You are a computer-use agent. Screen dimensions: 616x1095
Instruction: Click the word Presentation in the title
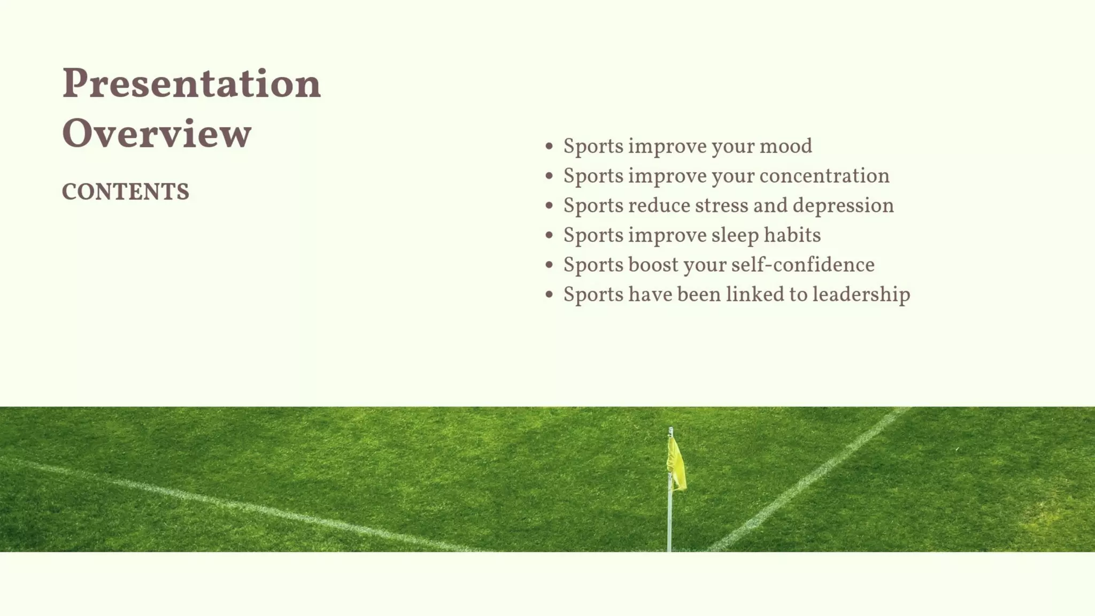[191, 84]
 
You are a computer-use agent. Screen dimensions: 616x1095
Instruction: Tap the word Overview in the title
[156, 134]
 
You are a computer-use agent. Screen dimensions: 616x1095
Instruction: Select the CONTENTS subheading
[125, 192]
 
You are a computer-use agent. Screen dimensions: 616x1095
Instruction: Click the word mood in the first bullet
[785, 147]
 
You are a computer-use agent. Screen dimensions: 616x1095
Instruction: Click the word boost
[653, 265]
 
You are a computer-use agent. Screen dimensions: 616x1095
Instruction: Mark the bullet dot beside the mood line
[549, 146]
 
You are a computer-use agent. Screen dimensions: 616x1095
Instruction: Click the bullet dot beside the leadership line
[549, 294]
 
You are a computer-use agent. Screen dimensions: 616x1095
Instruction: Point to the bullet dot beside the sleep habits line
[549, 235]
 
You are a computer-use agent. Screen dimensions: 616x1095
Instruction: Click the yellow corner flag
[676, 464]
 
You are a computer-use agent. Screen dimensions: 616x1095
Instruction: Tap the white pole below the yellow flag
[669, 521]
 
